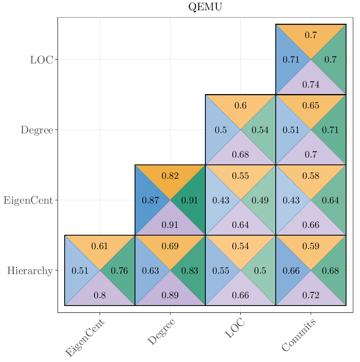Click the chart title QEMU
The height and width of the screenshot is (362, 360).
click(205, 7)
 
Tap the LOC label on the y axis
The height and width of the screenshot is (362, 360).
click(41, 60)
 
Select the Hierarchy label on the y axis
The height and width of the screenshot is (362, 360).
click(30, 271)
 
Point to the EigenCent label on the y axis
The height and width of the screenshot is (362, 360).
click(28, 200)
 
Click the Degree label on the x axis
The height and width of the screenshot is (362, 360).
click(162, 332)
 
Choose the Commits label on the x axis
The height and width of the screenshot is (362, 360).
click(299, 335)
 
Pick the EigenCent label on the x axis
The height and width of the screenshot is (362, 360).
click(85, 338)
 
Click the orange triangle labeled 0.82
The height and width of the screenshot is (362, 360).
click(170, 176)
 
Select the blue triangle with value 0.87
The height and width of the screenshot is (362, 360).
click(150, 200)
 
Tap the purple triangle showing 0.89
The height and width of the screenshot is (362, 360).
click(170, 295)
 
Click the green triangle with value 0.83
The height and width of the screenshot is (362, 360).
click(190, 271)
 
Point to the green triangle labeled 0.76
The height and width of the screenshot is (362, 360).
click(119, 271)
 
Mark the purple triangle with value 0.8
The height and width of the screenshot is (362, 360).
click(100, 295)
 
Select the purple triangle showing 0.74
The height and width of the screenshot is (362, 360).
click(311, 85)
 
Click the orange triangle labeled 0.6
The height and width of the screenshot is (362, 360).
click(241, 106)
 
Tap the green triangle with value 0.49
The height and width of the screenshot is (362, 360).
click(260, 200)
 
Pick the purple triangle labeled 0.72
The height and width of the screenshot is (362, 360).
click(311, 295)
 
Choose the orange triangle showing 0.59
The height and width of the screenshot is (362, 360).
click(311, 246)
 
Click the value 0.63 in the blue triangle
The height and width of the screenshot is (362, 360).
click(150, 271)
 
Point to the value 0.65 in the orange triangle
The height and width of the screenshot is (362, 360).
click(311, 106)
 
